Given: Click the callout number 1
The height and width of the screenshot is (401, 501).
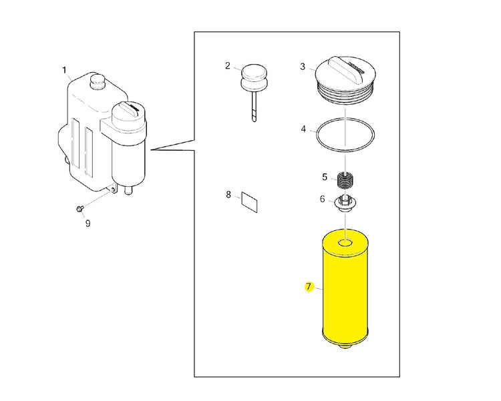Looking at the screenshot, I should tap(64, 69).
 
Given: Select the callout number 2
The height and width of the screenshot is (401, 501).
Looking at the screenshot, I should tap(228, 65).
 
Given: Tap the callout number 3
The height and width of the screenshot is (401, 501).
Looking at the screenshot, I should tap(303, 66).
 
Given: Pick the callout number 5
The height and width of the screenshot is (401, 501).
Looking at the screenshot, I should tap(325, 177).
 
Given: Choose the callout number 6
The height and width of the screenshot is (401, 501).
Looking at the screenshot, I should tap(322, 199).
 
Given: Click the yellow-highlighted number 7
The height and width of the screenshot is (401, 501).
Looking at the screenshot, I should tap(309, 288).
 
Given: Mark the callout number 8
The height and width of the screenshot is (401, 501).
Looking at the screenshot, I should tap(228, 195).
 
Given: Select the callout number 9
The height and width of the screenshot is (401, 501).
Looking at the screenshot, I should tap(87, 224).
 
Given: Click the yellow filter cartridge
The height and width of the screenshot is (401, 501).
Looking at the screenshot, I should tap(345, 287).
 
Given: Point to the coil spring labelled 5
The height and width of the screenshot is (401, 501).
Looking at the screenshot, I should tap(345, 180).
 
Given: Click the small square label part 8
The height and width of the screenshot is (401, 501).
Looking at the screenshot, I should tap(250, 202).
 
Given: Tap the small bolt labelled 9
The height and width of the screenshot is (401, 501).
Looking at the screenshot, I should tap(79, 210).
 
